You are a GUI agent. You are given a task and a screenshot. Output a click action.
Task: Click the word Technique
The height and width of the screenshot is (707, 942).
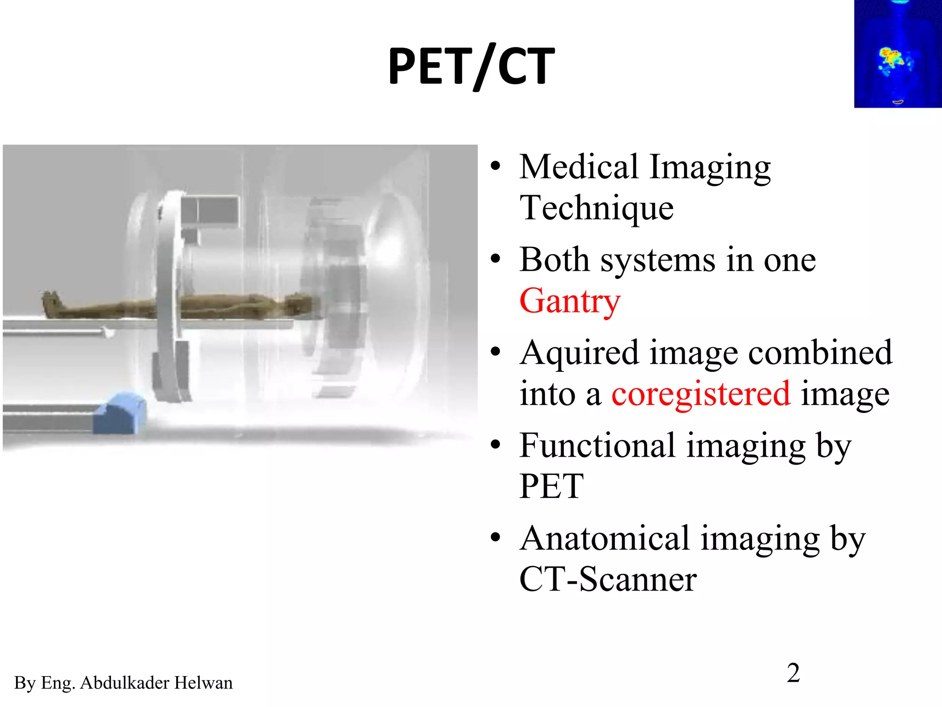coord(597,208)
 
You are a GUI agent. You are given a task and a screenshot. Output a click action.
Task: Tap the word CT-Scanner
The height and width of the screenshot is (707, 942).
coord(608,580)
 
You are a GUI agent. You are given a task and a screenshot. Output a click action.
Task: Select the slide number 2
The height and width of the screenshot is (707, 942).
coord(793,673)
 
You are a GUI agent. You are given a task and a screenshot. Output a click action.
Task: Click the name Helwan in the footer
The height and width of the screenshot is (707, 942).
coord(203,683)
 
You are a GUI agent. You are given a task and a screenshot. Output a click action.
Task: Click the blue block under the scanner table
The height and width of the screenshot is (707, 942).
coord(119,413)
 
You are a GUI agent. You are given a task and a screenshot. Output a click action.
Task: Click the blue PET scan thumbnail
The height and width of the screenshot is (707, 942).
coord(897,54)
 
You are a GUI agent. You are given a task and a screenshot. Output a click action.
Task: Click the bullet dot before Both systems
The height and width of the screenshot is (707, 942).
coord(495,259)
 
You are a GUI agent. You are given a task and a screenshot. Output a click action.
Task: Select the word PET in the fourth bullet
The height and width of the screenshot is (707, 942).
coord(551,487)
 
